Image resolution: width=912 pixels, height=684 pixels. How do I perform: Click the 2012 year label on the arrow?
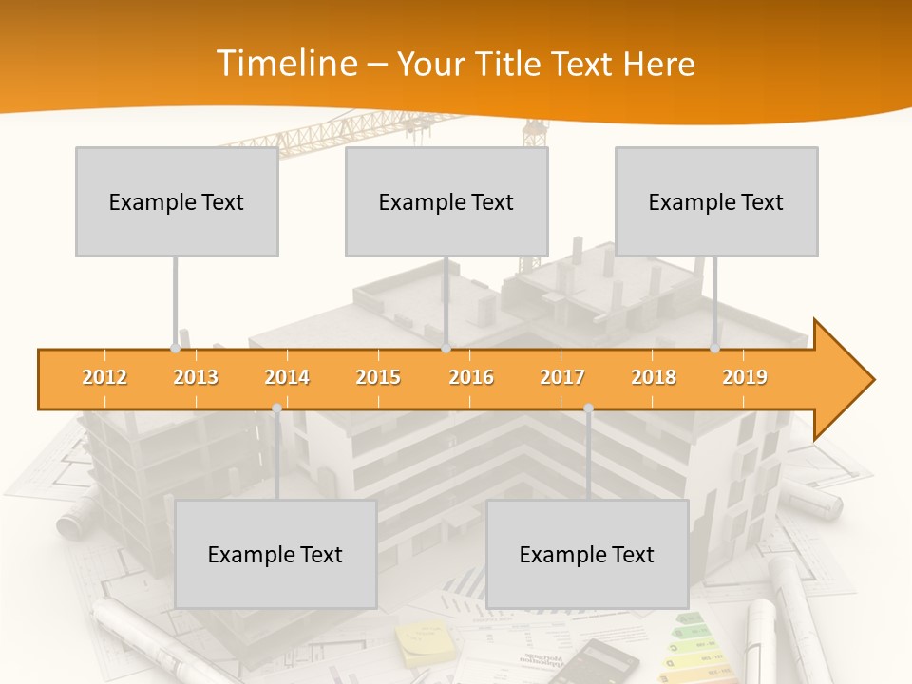[104, 377]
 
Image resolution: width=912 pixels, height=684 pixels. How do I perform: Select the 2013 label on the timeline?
[196, 377]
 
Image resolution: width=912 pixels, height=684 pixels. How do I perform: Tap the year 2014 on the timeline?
[287, 377]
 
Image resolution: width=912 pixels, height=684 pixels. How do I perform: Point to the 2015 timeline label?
[378, 377]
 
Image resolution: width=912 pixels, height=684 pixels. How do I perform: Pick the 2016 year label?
[471, 377]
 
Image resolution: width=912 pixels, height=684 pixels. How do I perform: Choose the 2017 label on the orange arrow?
[562, 377]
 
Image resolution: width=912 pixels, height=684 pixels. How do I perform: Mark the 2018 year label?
[654, 377]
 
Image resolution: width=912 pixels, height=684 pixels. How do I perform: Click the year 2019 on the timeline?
[745, 377]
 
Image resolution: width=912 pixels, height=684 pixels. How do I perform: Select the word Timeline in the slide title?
[285, 64]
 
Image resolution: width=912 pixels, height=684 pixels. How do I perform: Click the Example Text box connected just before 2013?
[177, 201]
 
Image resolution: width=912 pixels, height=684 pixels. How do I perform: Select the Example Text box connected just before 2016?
[446, 201]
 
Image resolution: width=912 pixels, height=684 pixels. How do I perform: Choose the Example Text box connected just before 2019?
[716, 201]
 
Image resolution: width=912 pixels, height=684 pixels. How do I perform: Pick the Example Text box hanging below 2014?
[275, 554]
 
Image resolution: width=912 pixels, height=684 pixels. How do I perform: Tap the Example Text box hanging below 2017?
[587, 554]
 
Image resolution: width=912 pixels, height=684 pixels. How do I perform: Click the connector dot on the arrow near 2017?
[588, 408]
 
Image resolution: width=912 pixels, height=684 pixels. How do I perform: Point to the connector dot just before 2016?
[446, 348]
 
